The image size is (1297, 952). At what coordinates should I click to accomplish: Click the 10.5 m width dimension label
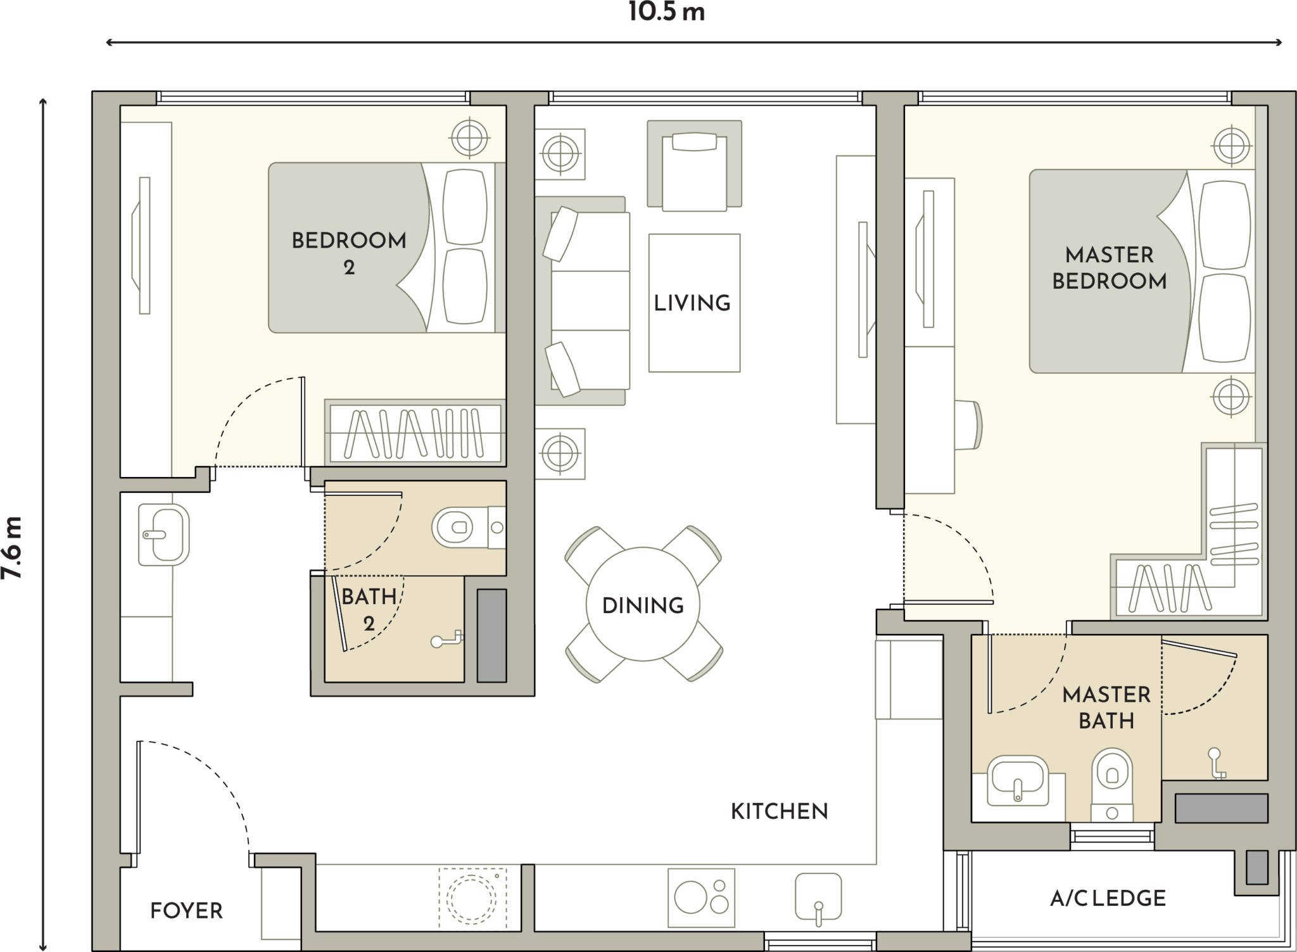click(x=667, y=12)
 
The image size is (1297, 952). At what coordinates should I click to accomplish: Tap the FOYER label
click(x=186, y=911)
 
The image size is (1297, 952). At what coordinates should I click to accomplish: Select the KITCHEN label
click(x=780, y=811)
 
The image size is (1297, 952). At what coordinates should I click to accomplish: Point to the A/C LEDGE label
click(x=1108, y=898)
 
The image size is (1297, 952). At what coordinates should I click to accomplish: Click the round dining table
click(x=643, y=604)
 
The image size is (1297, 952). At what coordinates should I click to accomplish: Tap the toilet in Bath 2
click(x=469, y=527)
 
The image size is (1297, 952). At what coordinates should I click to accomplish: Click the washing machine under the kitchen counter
click(x=472, y=898)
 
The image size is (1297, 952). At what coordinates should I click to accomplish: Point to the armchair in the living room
click(x=694, y=166)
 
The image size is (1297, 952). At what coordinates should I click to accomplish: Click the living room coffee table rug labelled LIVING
click(x=694, y=303)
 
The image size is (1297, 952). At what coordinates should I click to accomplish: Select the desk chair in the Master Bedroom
click(x=968, y=424)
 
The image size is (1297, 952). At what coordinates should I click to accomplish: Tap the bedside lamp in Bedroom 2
click(x=469, y=137)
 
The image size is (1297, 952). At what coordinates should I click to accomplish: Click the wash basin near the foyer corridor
click(x=163, y=535)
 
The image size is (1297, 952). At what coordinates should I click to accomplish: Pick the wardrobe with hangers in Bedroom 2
click(x=415, y=433)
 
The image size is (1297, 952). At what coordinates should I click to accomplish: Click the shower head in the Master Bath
click(x=1216, y=763)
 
